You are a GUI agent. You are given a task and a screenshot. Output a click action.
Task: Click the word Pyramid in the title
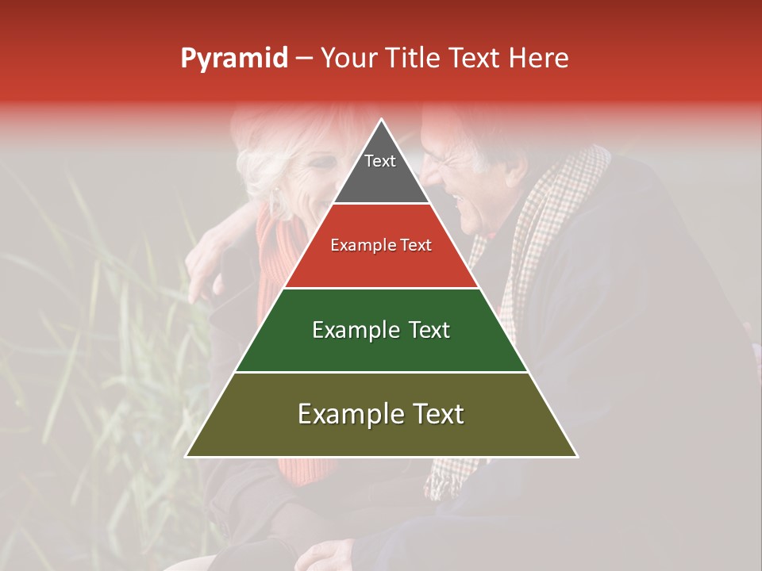click(x=233, y=59)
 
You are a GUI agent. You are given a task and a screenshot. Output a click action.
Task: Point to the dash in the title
click(x=303, y=59)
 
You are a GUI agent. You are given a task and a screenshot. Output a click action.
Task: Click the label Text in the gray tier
click(x=380, y=161)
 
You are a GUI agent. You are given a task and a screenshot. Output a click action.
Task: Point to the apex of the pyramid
click(x=382, y=121)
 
